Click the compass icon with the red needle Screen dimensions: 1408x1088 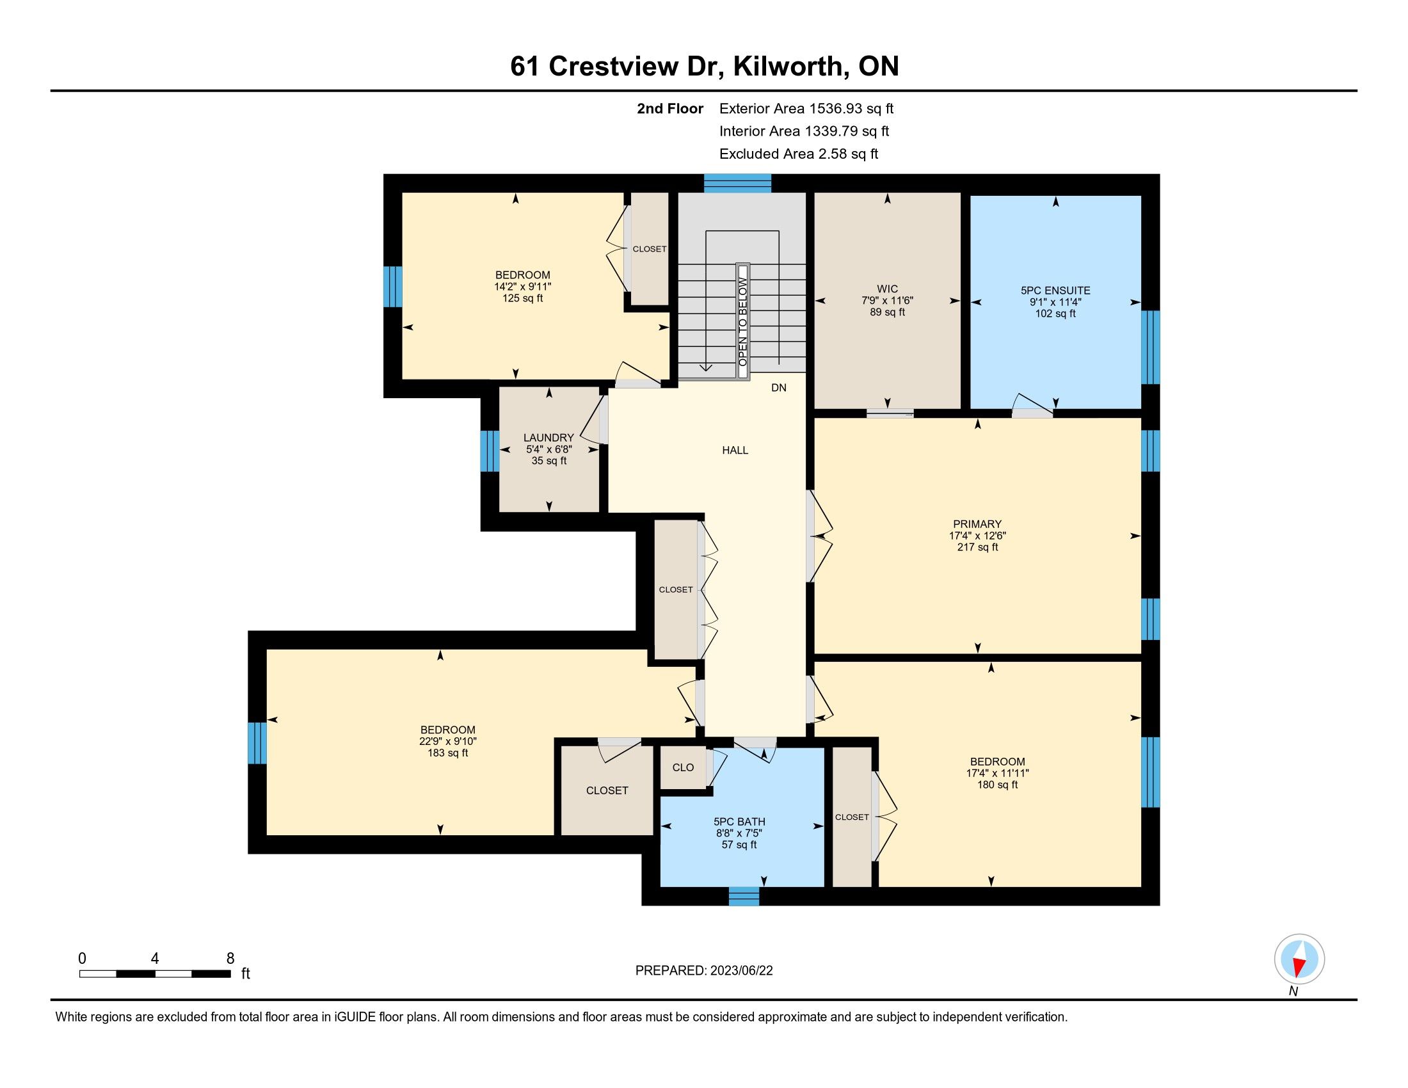click(1299, 959)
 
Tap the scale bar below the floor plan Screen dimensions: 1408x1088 click(155, 973)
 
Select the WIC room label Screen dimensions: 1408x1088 click(887, 289)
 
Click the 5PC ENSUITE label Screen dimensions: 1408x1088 click(1055, 291)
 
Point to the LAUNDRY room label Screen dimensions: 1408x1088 click(548, 438)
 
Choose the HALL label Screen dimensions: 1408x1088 click(735, 450)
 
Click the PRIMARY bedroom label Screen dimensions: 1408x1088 click(977, 524)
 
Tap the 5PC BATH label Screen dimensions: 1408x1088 click(739, 821)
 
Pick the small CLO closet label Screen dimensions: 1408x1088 click(683, 767)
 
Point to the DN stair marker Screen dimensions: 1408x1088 click(779, 387)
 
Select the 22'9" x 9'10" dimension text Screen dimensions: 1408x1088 click(448, 741)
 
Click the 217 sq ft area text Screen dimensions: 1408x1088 click(977, 547)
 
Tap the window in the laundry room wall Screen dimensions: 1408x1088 click(490, 451)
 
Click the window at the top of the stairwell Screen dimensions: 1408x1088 click(737, 184)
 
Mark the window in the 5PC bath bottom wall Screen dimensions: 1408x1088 click(744, 896)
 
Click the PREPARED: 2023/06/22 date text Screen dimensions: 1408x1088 click(704, 970)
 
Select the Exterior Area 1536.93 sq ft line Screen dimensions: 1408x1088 click(806, 108)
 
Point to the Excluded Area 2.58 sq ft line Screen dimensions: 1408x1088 click(799, 154)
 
